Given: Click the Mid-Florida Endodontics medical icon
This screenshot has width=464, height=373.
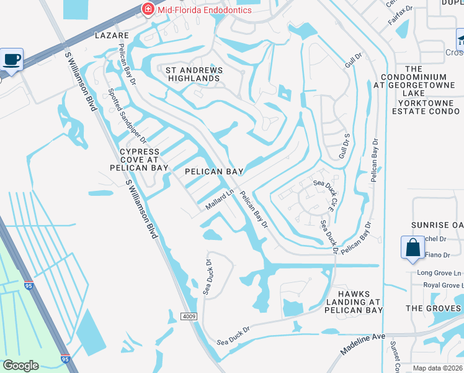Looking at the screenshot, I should click(148, 9).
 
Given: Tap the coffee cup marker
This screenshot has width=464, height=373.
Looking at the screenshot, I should click(12, 60).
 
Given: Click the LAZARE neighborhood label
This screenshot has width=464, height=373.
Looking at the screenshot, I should click(112, 36).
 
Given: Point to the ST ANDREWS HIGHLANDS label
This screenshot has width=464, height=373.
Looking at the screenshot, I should click(192, 74).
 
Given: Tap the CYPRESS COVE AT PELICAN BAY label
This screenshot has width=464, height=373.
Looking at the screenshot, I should click(139, 160).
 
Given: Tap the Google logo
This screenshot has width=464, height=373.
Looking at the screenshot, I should click(20, 365).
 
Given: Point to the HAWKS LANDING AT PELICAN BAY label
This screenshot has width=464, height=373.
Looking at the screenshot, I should click(354, 302).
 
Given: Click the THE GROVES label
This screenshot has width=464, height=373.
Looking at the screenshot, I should click(434, 308).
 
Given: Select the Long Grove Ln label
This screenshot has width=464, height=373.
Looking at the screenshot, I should click(439, 273).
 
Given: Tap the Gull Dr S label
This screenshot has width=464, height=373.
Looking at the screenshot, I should click(341, 144).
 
